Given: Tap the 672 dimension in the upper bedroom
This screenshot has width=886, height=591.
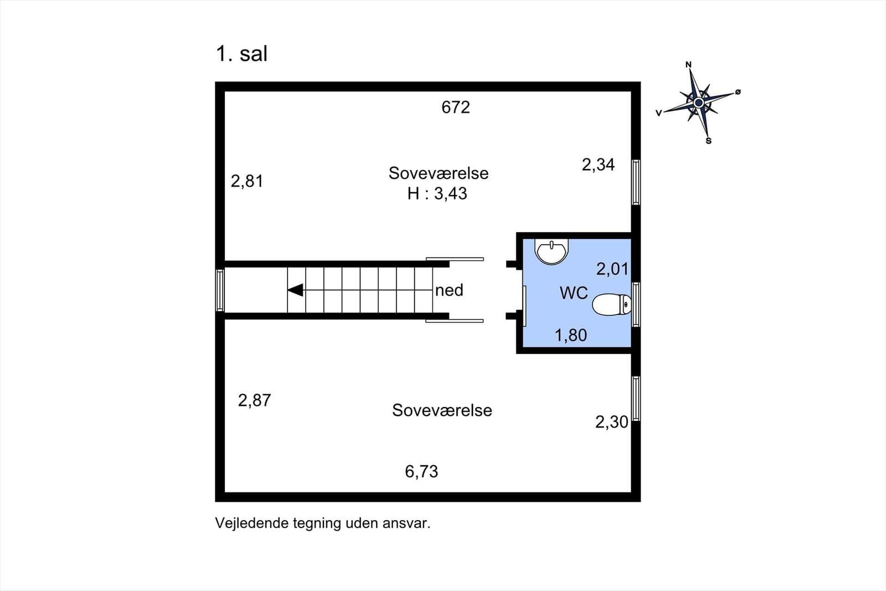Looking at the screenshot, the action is click(x=456, y=107).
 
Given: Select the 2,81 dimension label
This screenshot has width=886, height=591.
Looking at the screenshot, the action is click(x=247, y=181).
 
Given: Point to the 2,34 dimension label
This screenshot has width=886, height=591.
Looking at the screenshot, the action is click(x=598, y=165).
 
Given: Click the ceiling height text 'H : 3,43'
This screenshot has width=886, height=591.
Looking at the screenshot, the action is click(x=437, y=193).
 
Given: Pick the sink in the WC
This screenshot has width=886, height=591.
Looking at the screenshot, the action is click(x=552, y=251).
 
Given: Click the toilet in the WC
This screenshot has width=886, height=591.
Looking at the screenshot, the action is click(x=611, y=304).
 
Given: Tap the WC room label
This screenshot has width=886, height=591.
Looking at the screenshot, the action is click(x=574, y=293).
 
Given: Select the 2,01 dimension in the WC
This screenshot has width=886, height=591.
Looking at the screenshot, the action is click(x=612, y=269).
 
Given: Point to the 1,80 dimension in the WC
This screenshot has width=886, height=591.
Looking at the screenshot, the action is click(x=571, y=336).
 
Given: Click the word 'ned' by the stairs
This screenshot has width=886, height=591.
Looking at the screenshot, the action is click(x=449, y=290).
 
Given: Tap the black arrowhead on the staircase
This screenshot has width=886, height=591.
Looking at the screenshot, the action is click(x=296, y=290).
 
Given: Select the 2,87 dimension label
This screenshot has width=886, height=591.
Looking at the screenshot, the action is click(x=254, y=400).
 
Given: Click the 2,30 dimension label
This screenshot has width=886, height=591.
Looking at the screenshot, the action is click(x=611, y=422).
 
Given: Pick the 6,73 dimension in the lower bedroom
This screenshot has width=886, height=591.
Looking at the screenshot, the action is click(x=421, y=471).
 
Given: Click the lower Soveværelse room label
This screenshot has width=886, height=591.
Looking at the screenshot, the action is click(x=442, y=410).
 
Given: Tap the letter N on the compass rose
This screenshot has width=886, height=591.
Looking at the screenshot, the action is click(x=688, y=64).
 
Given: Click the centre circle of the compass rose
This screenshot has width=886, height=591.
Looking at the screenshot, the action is click(x=698, y=103).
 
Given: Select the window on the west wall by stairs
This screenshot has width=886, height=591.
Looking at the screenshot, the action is click(x=220, y=290).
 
